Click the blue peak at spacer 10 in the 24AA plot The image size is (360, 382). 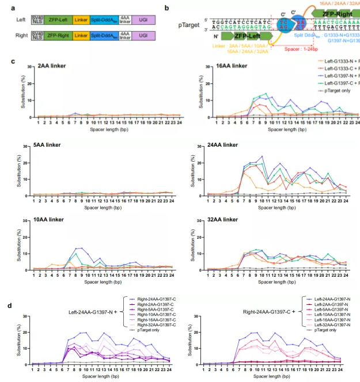coord(263,156)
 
